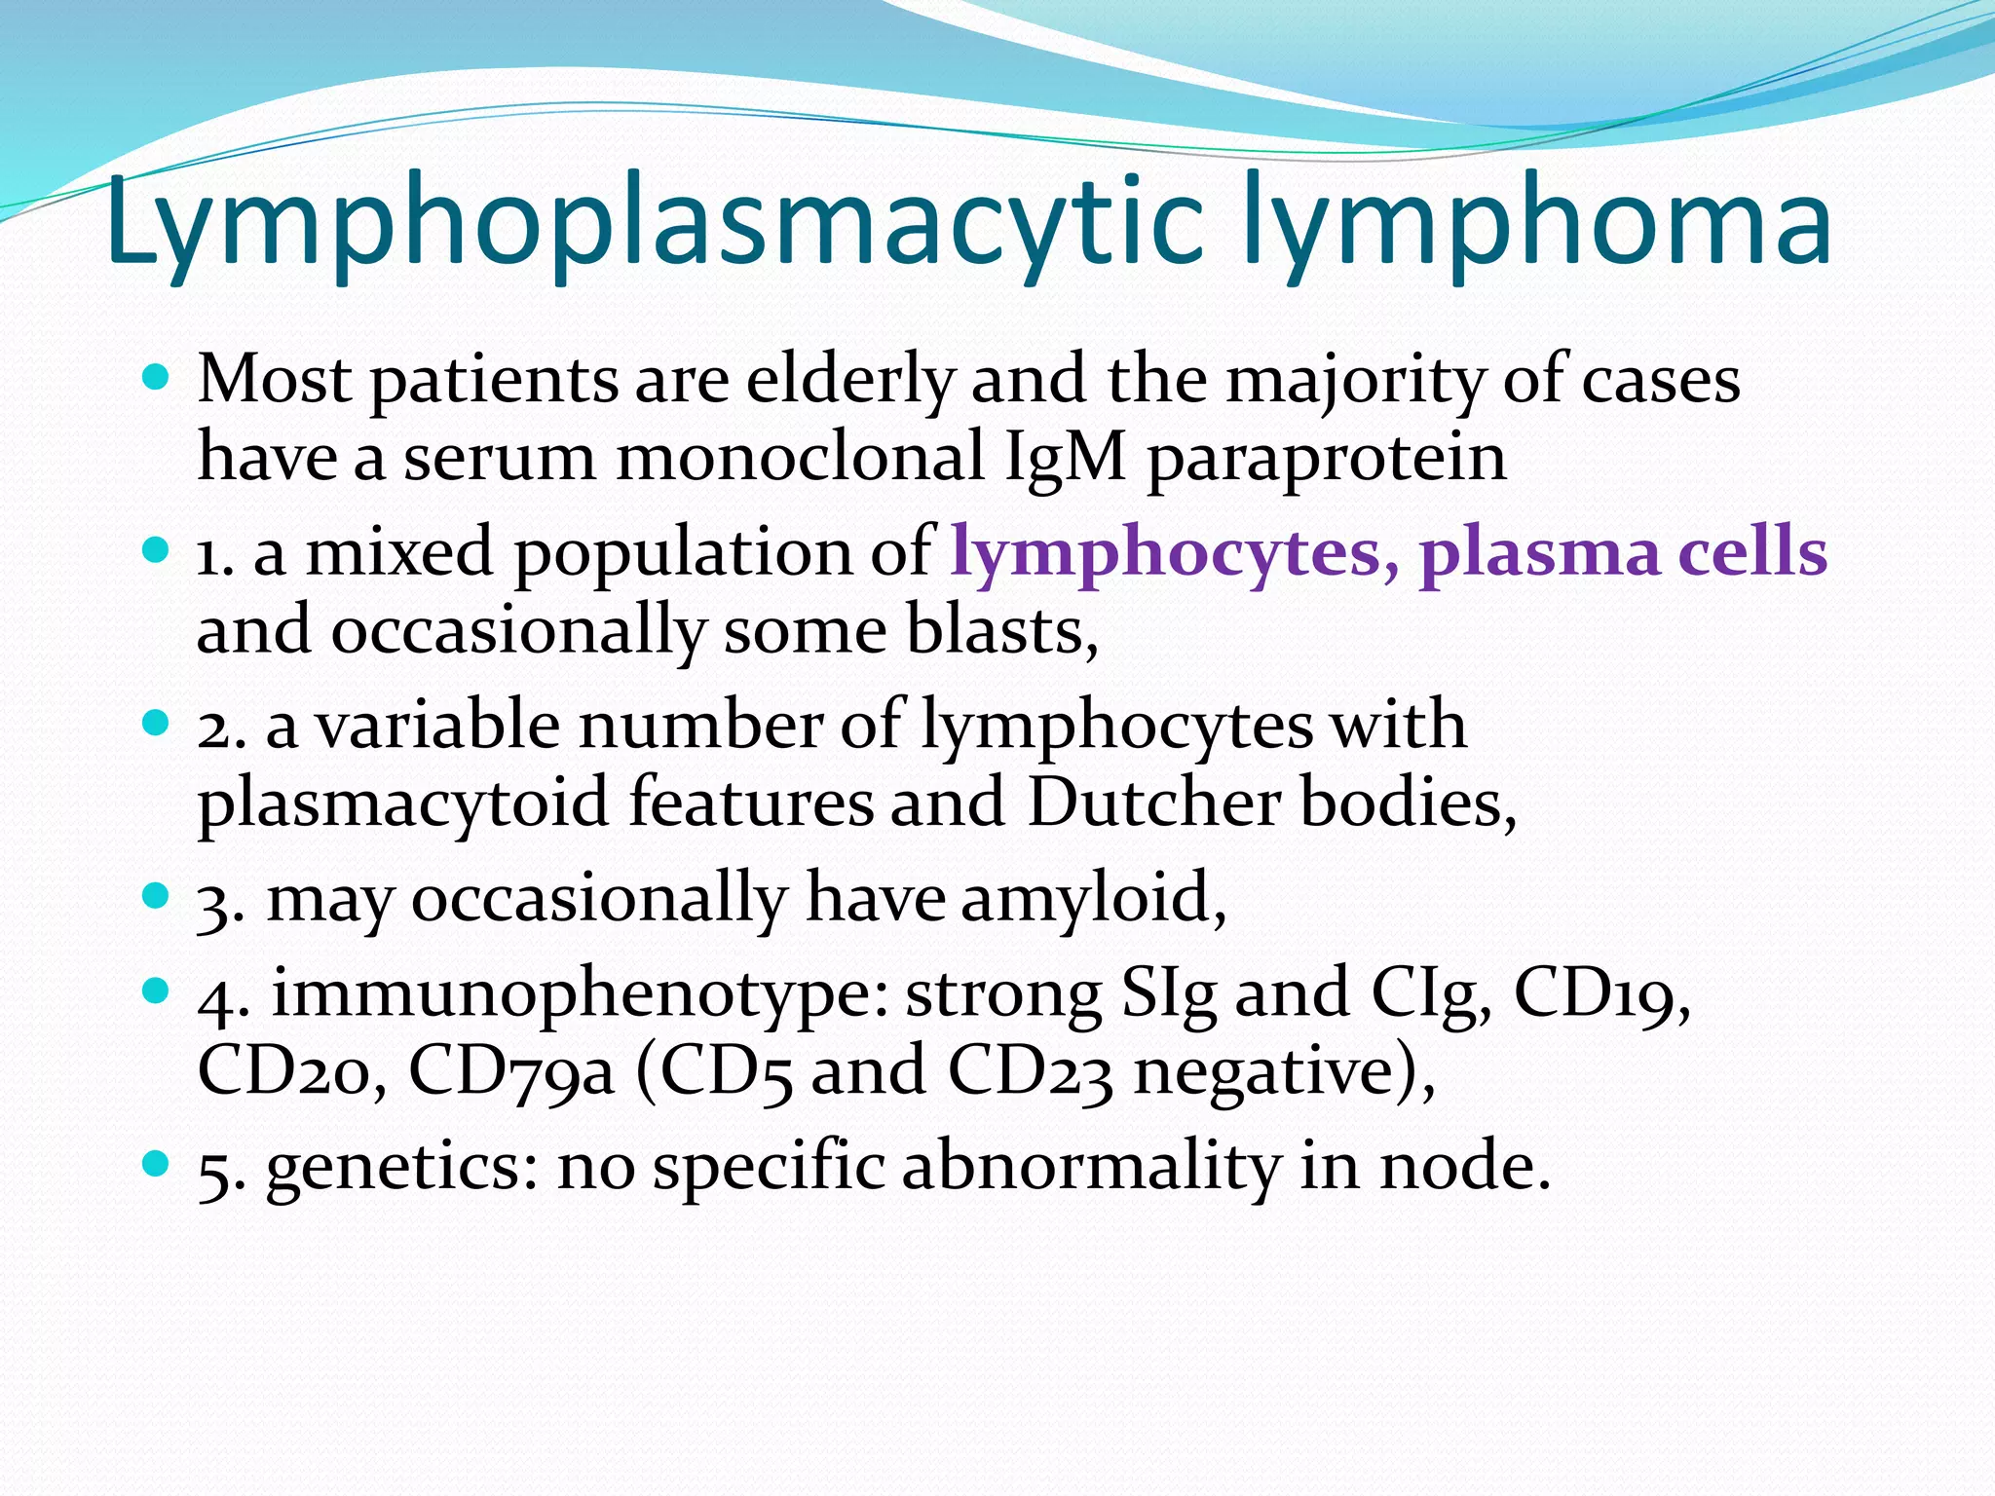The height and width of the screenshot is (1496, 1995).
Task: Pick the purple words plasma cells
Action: click(x=1622, y=553)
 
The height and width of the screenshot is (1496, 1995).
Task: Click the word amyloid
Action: click(x=1091, y=898)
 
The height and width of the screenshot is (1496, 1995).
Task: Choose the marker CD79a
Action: click(x=510, y=1071)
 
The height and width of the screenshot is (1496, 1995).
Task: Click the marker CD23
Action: click(x=1030, y=1071)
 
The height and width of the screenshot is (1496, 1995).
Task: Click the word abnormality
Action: click(x=1090, y=1167)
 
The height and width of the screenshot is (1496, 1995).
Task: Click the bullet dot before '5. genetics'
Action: click(x=155, y=1162)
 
